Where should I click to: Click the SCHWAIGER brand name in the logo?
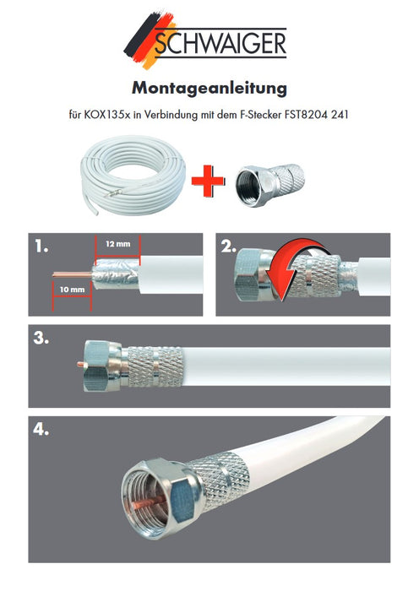(x=222, y=41)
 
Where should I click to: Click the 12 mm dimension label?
(x=117, y=244)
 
